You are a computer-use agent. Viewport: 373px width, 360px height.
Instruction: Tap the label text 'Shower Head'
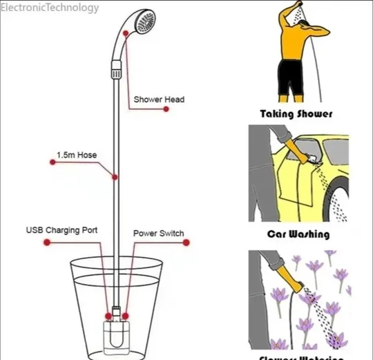coord(159,100)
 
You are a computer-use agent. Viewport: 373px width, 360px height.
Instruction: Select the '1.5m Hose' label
coord(77,155)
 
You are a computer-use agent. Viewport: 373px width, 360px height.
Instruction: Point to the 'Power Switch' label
coord(158,233)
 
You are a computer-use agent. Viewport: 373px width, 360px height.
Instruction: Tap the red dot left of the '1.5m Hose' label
coord(52,163)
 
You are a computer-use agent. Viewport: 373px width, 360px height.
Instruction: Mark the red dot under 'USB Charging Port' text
coord(46,243)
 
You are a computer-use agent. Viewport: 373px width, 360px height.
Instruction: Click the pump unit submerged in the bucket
coord(115,336)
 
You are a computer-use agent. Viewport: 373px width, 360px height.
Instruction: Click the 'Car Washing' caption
coord(298,234)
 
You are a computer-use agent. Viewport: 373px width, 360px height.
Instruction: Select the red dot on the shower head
coord(125,32)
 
